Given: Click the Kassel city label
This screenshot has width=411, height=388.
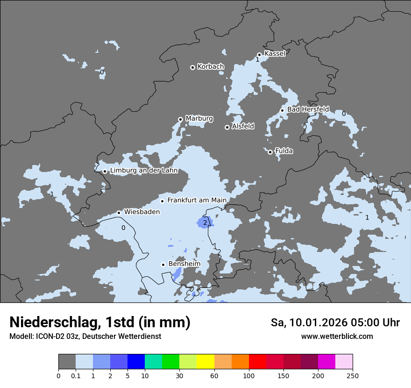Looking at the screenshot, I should (x=275, y=54).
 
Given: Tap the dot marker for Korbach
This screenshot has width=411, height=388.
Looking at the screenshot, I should (x=192, y=67).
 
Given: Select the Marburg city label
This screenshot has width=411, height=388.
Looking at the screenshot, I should (x=199, y=119).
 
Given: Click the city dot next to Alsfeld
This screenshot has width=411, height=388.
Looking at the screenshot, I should (x=227, y=127).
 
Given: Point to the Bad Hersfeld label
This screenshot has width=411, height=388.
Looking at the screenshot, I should (x=308, y=109).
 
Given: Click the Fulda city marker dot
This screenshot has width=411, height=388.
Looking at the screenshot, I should (x=270, y=152).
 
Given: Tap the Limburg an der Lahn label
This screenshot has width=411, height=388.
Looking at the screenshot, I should (x=144, y=171).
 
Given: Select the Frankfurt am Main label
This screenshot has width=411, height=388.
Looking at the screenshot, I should (x=197, y=201).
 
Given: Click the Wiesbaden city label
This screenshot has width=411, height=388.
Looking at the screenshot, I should (x=142, y=212).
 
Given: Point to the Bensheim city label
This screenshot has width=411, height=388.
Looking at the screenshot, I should (x=184, y=264).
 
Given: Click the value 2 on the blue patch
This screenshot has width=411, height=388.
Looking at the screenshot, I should (x=205, y=223).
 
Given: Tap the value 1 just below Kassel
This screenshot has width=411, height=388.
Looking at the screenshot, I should (x=257, y=60).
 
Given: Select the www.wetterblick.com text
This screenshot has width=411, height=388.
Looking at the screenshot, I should (x=337, y=337).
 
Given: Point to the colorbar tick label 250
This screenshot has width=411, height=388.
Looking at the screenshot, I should (x=353, y=375).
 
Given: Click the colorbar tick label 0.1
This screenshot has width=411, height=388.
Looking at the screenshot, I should (x=76, y=375).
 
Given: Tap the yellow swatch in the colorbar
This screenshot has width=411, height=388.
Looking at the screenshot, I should (x=205, y=362).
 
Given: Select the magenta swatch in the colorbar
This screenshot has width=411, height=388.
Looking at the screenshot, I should (x=326, y=362).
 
